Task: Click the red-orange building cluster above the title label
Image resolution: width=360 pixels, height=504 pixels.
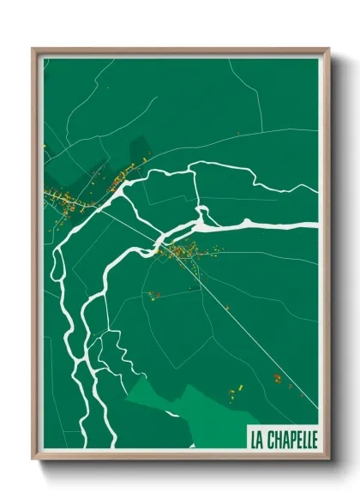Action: pyautogui.click(x=277, y=377)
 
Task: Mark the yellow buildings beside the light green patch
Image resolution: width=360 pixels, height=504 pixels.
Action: pyautogui.click(x=233, y=393)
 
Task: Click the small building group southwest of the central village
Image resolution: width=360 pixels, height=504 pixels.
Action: pyautogui.click(x=154, y=295)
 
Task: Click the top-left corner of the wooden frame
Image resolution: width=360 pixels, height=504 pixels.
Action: pyautogui.click(x=33, y=50)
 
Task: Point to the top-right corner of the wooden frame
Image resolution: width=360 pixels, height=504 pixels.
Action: pyautogui.click(x=328, y=50)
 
